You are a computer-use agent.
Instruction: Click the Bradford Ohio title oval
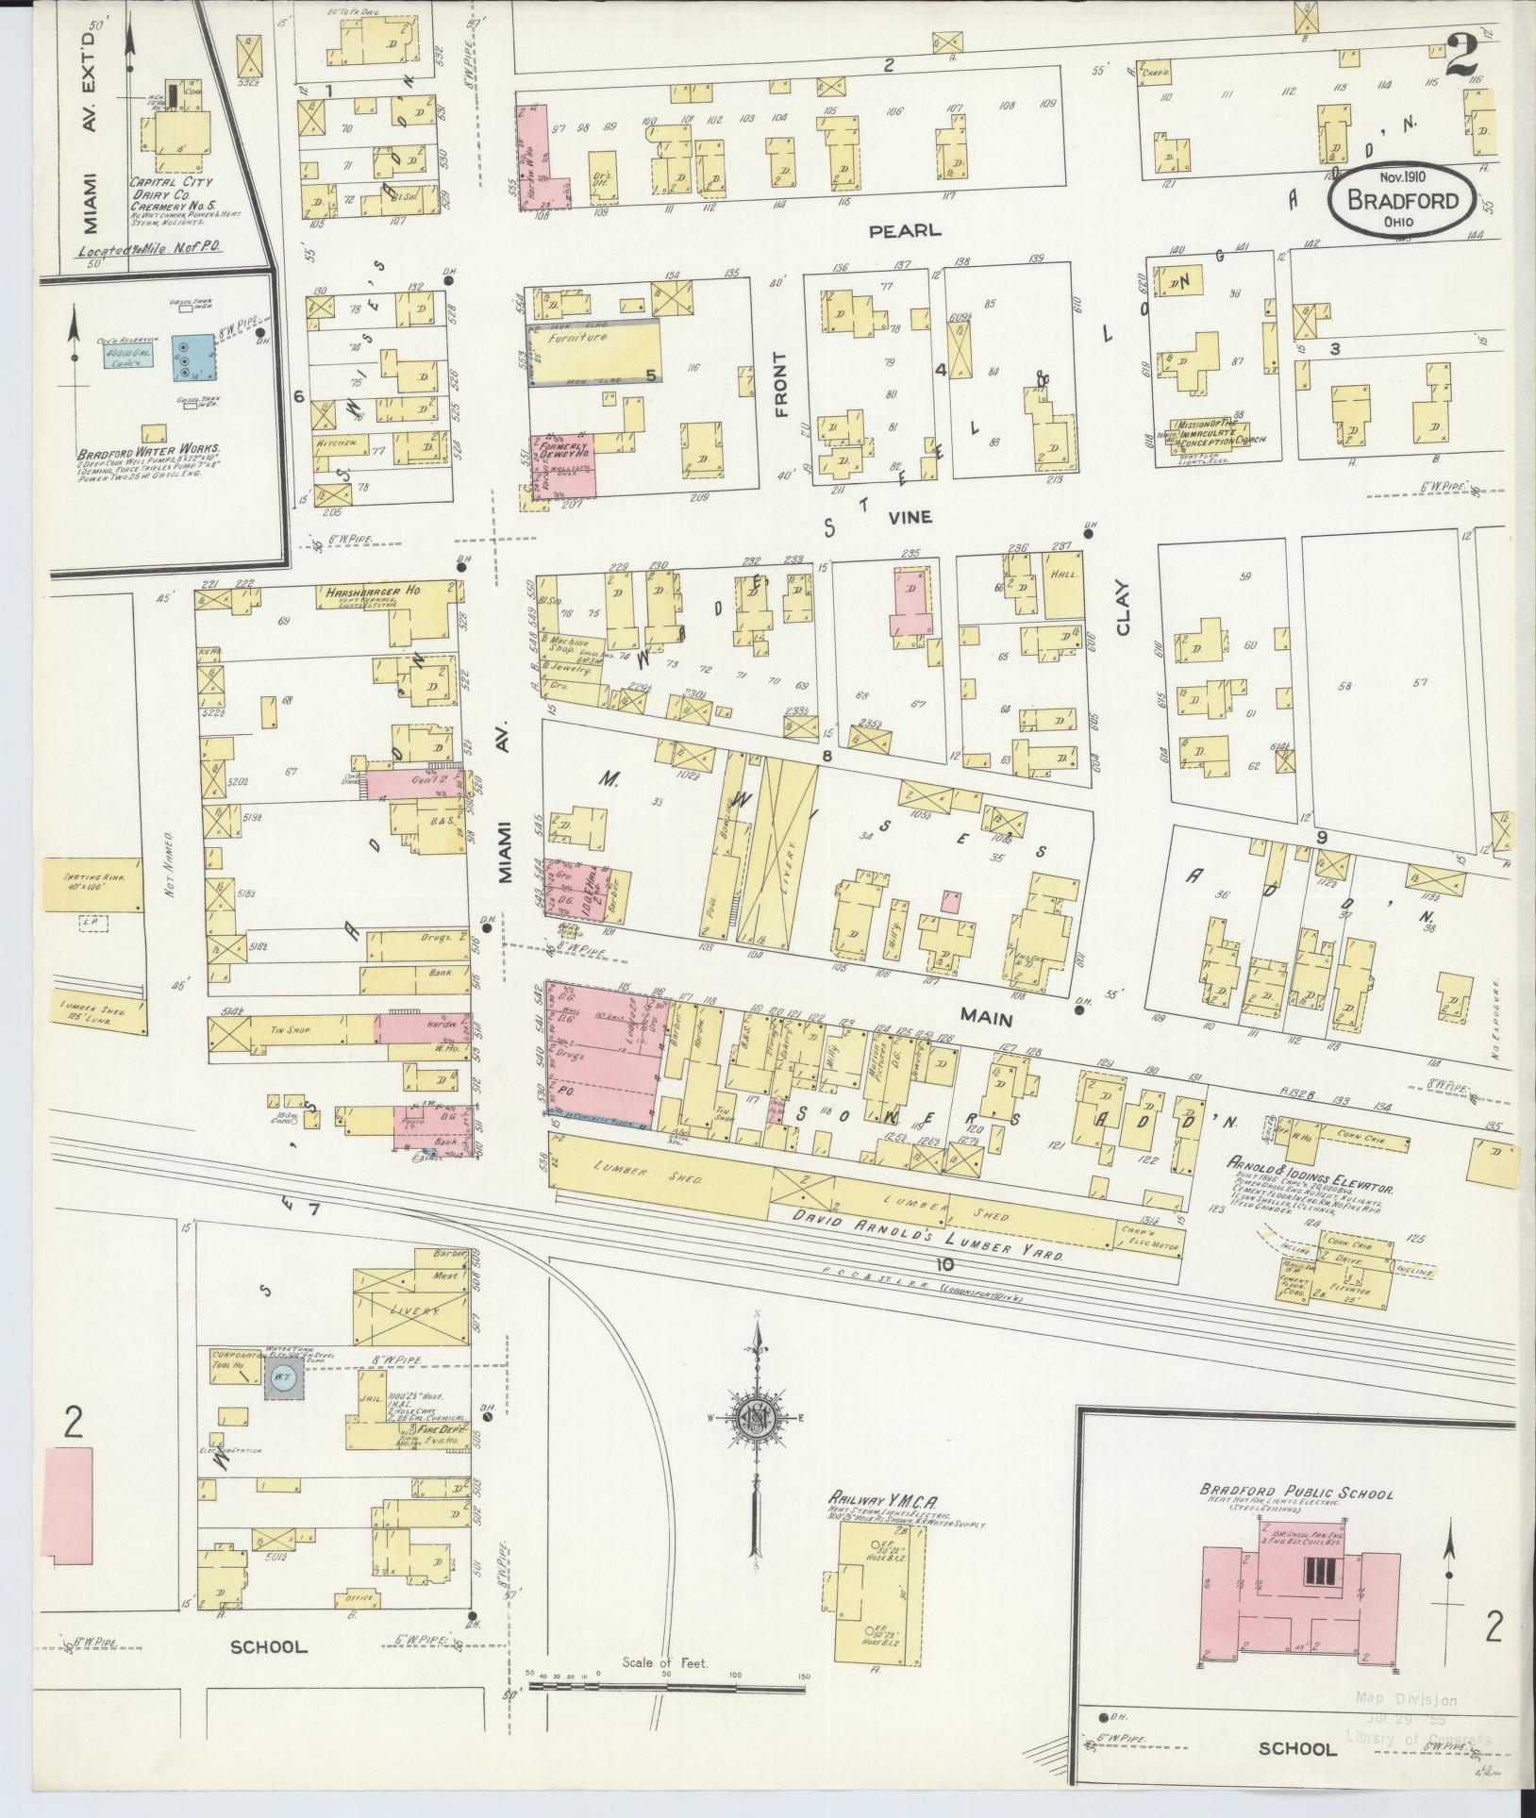point(1400,198)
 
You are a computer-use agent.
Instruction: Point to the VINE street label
point(909,517)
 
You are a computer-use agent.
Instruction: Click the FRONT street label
point(779,384)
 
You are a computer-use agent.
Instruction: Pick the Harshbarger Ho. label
point(373,592)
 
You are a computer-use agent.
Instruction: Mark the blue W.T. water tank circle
point(280,1378)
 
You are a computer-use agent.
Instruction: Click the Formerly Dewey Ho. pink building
point(564,466)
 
